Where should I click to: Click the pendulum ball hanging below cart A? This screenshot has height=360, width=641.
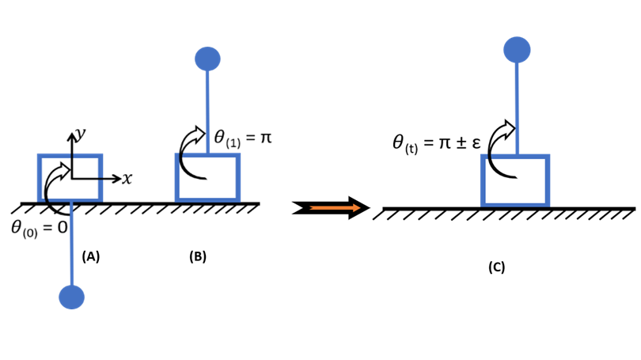click(x=71, y=297)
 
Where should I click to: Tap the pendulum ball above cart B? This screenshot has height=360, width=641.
click(x=207, y=59)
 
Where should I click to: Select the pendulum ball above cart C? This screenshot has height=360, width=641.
click(x=517, y=49)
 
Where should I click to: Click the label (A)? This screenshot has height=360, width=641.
click(x=91, y=256)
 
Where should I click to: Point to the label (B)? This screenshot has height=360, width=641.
click(x=198, y=256)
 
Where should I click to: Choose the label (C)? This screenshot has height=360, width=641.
click(x=496, y=267)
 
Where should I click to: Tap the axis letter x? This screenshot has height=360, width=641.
click(x=127, y=179)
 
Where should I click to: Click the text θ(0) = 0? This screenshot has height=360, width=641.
click(x=39, y=229)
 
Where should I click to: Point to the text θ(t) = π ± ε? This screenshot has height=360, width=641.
click(x=436, y=143)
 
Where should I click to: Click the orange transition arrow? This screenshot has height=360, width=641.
click(x=332, y=208)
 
